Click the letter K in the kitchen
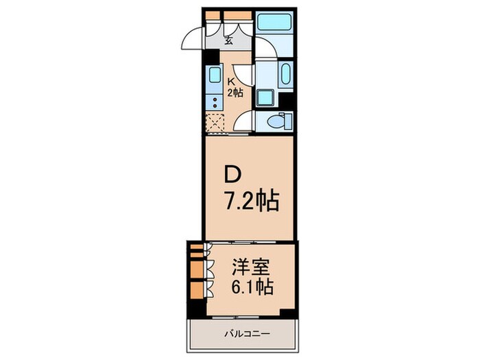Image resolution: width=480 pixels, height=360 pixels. (231, 81)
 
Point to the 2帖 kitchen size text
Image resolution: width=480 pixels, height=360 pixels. (235, 92)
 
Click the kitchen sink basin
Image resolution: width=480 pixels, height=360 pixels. (213, 78)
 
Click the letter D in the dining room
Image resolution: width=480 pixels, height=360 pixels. (232, 176)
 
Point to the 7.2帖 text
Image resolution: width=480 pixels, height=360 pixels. (250, 200)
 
